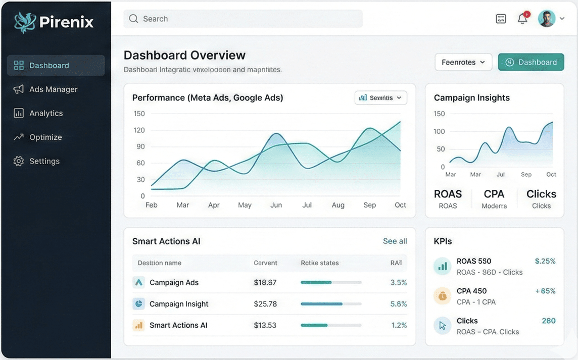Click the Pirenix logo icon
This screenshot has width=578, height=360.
pos(25,22)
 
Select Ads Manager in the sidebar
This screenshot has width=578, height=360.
pos(53,89)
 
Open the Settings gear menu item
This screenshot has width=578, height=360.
pos(44,161)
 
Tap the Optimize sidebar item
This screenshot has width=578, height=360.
pos(45,137)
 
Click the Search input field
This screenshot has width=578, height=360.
pos(243,19)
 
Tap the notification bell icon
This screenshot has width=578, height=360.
pos(522,19)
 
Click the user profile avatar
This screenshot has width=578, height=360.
pos(546,19)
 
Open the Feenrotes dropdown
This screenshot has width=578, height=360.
pos(463,62)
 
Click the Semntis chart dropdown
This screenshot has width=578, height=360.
pos(381,98)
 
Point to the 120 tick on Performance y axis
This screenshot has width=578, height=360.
pos(139,130)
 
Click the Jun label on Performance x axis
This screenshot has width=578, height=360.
pos(276,205)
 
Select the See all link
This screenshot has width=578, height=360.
pos(395,241)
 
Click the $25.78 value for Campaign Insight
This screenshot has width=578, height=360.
pos(265,304)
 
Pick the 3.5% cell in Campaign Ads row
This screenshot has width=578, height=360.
pos(399,283)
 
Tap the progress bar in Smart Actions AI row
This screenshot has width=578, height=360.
pos(331,325)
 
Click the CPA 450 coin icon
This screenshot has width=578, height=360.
pos(442,296)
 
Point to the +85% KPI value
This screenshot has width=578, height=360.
pos(545,291)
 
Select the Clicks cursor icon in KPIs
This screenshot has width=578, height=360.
pos(442,326)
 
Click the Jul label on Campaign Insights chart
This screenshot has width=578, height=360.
pos(501,175)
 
